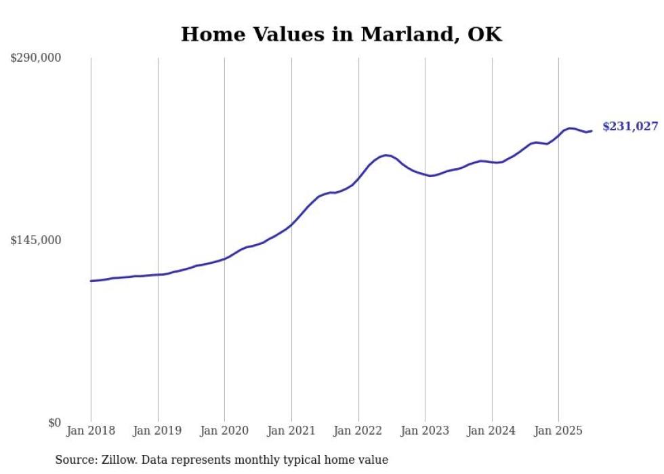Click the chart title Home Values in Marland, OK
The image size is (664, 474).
341,35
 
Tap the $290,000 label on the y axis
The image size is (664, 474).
36,58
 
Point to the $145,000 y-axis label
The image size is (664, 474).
36,241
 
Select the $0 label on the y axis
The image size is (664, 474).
54,423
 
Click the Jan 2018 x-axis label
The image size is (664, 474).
91,431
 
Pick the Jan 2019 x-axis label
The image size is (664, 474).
158,431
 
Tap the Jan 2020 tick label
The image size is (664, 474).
224,431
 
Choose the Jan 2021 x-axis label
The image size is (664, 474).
291,431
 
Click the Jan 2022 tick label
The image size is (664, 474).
358,431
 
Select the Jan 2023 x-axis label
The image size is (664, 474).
425,431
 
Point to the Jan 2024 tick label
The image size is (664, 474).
492,431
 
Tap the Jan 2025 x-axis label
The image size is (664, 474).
558,431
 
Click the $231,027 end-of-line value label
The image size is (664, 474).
630,127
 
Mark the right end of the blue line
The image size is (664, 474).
592,131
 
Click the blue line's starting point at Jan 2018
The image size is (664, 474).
91,281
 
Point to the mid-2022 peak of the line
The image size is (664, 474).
386,155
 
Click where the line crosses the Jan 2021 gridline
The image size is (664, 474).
291,224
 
